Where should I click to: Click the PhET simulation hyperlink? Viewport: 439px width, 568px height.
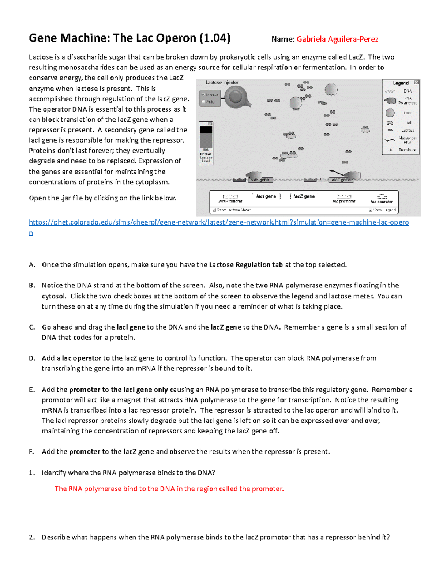point(219,222)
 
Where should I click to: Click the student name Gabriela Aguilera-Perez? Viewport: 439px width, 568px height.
point(337,39)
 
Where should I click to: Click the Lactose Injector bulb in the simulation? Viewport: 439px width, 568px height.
point(236,97)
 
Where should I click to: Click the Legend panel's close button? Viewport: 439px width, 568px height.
point(416,83)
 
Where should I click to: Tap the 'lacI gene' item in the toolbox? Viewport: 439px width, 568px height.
point(266,196)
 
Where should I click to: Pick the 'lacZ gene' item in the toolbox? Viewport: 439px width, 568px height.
point(304,196)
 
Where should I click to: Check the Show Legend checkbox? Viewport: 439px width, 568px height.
point(371,210)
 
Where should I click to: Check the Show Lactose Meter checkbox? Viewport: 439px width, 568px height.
point(214,210)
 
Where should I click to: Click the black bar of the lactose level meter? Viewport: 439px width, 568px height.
point(206,130)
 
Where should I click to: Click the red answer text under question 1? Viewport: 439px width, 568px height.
point(169,489)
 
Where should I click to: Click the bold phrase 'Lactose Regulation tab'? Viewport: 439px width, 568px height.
point(246,265)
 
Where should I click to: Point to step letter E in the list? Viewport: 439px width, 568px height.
point(31,390)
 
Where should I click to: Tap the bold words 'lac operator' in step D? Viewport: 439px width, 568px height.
point(81,358)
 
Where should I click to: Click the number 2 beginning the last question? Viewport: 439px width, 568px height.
point(31,537)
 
